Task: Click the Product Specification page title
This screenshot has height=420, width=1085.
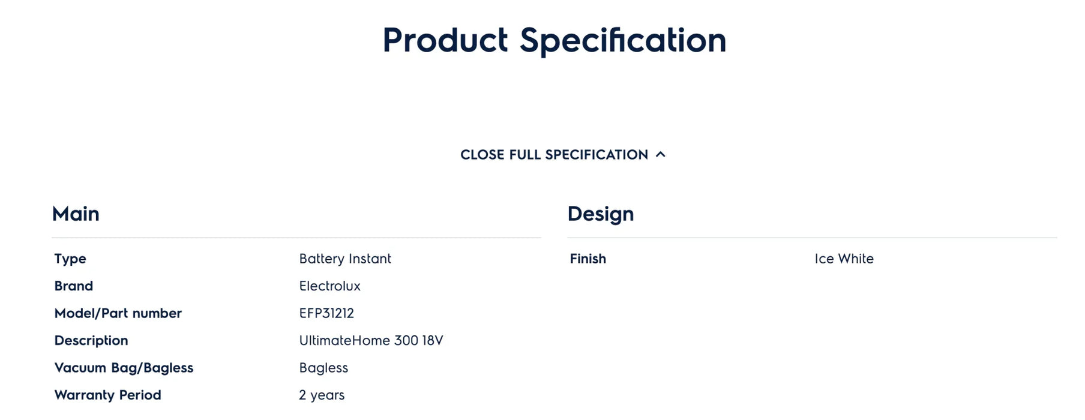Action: coord(555,41)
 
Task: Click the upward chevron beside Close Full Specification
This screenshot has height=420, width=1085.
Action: coord(661,154)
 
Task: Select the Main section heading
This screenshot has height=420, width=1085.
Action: coord(76,214)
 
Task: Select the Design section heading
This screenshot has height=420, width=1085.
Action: coord(601,214)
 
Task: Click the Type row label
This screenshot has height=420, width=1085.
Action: coord(70,259)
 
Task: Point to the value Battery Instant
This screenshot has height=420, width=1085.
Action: coord(345,259)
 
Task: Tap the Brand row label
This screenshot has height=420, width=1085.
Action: coord(74,286)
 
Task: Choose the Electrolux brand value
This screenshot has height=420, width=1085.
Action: coord(329,286)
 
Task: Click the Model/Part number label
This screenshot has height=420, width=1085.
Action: coord(118,313)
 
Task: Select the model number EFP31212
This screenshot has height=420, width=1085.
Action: coord(326,313)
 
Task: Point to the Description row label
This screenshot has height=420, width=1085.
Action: coord(91,341)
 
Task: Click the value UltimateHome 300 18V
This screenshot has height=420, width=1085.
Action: coord(371,340)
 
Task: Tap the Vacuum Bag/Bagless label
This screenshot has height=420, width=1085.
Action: coord(124,368)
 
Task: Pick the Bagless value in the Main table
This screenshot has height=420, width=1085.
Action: coord(323,368)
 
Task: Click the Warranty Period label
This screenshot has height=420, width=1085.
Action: coord(107,395)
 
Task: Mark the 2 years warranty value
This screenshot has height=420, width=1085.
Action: coord(322,395)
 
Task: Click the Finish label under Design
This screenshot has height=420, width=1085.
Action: coord(588,259)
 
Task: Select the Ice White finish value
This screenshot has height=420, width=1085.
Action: coord(844,259)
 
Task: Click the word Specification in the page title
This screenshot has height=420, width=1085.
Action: coord(623,41)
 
